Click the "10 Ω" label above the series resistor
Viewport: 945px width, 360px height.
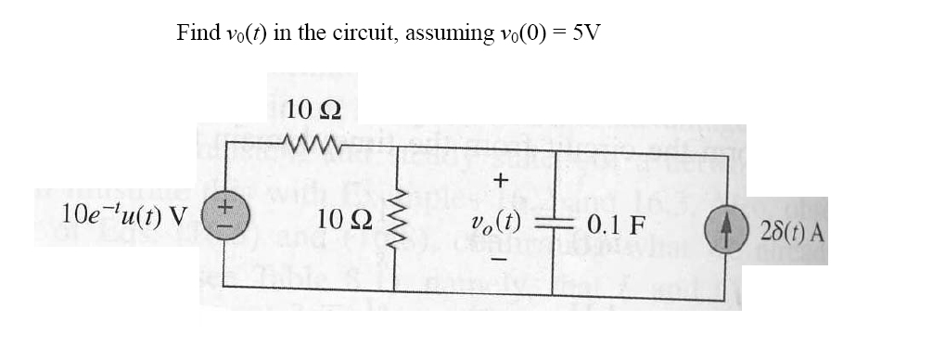tap(313, 109)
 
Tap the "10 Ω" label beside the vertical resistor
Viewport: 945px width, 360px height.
tap(344, 221)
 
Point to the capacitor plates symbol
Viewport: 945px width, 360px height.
tap(555, 225)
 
